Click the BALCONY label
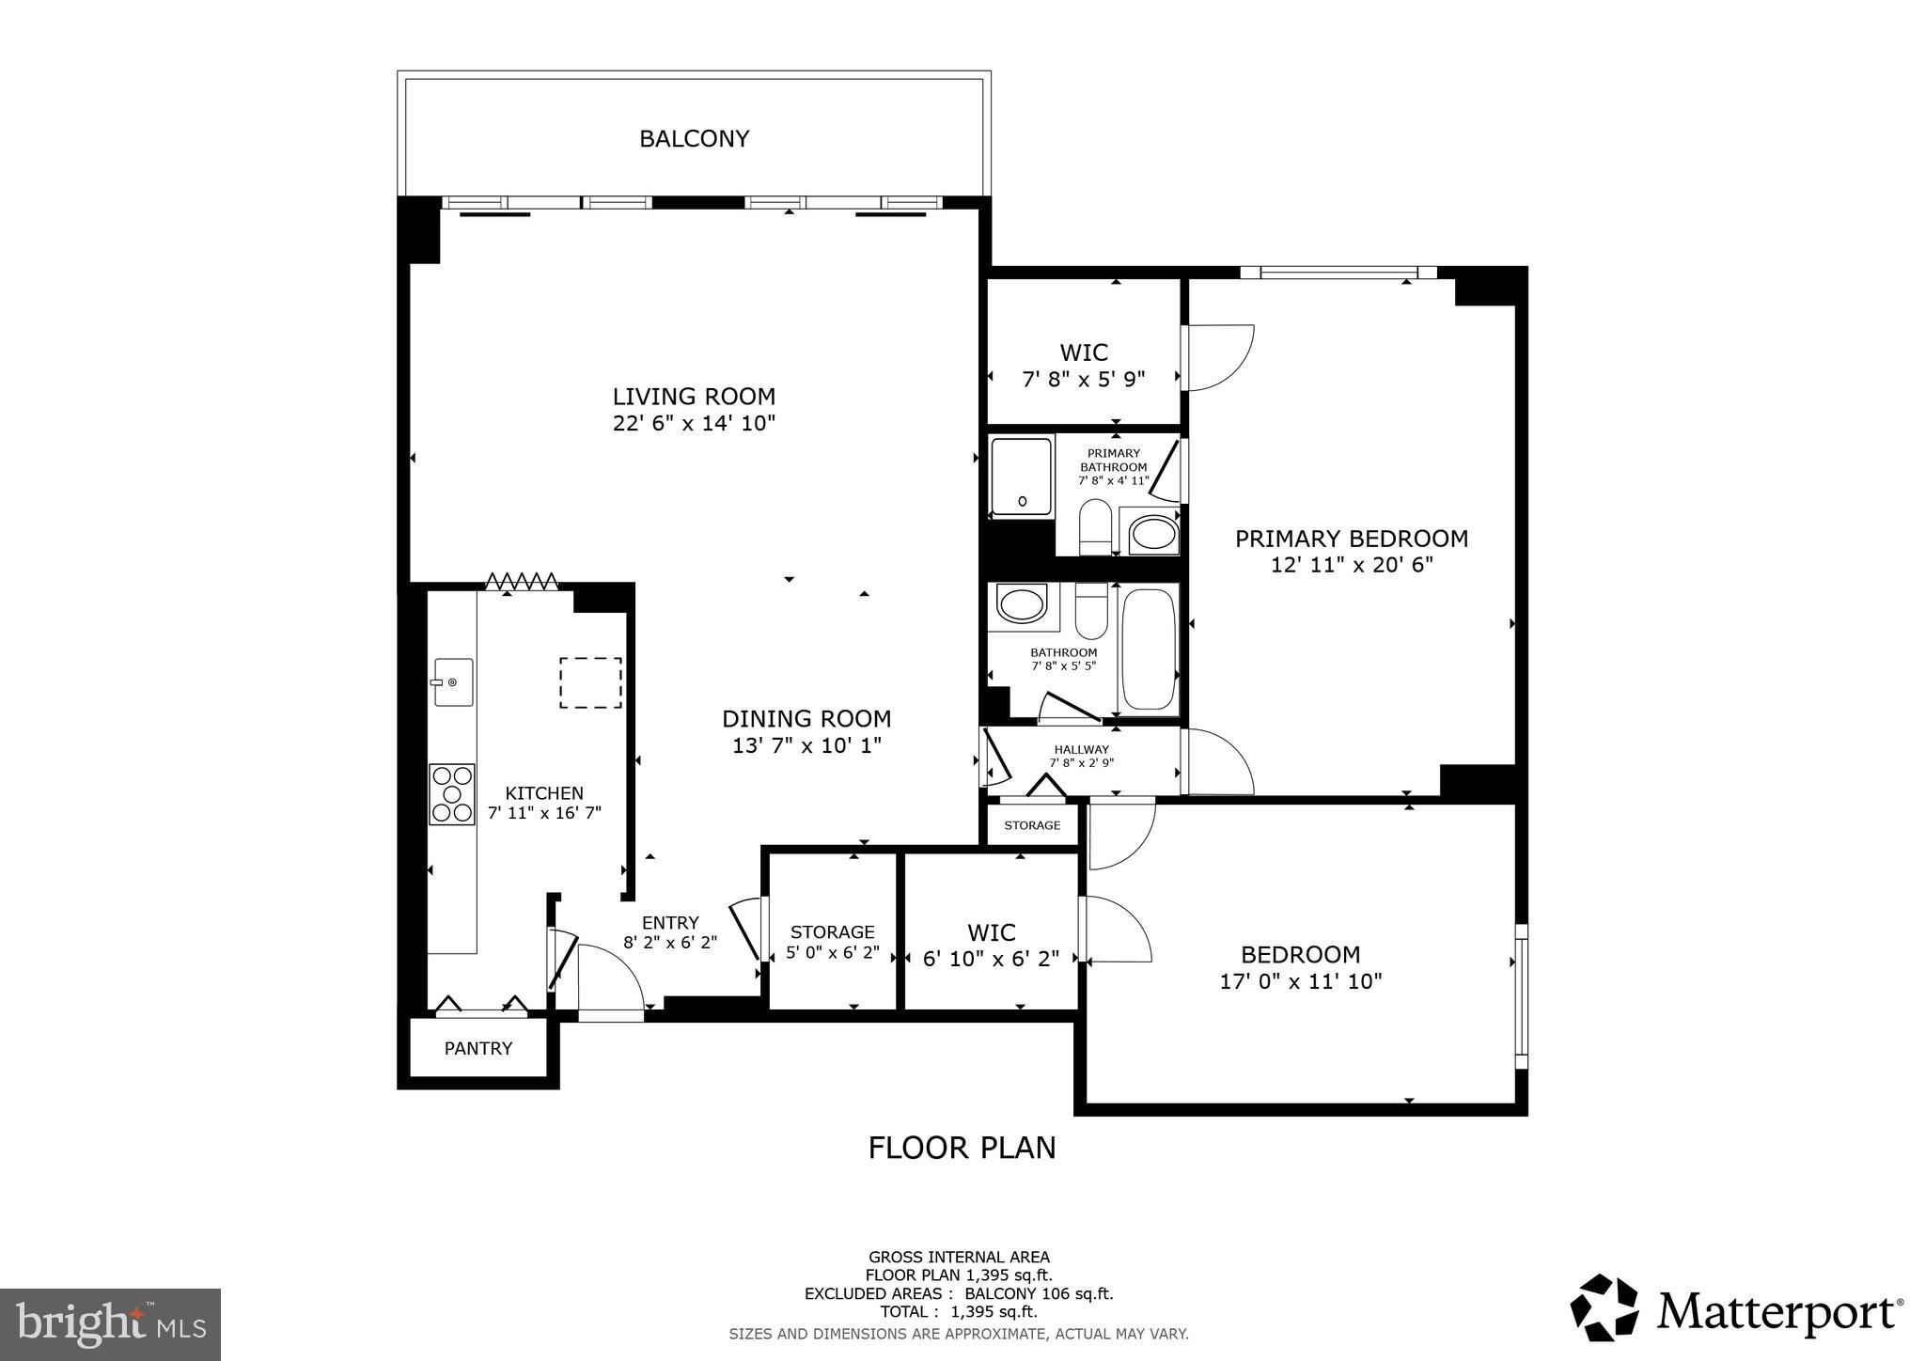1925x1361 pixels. [x=694, y=139]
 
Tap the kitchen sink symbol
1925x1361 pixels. [x=453, y=681]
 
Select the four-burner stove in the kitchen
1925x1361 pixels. [x=452, y=794]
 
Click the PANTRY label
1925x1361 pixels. [x=477, y=1048]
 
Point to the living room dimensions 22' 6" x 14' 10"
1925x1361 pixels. [x=694, y=423]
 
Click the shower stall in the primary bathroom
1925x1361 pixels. [x=1022, y=477]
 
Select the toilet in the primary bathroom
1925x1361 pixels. [x=1095, y=527]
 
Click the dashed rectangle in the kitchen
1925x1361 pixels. [x=590, y=682]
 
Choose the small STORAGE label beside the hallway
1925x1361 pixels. [x=1032, y=825]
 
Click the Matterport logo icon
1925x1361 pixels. [x=1605, y=1307]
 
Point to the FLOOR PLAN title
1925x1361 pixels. [x=962, y=1148]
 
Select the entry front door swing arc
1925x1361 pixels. [x=611, y=978]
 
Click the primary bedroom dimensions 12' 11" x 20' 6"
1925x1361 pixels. [x=1351, y=565]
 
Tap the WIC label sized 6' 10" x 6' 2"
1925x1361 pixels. [x=991, y=946]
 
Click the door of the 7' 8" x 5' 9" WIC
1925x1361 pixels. [x=1218, y=357]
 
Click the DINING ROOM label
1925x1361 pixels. [x=806, y=719]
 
